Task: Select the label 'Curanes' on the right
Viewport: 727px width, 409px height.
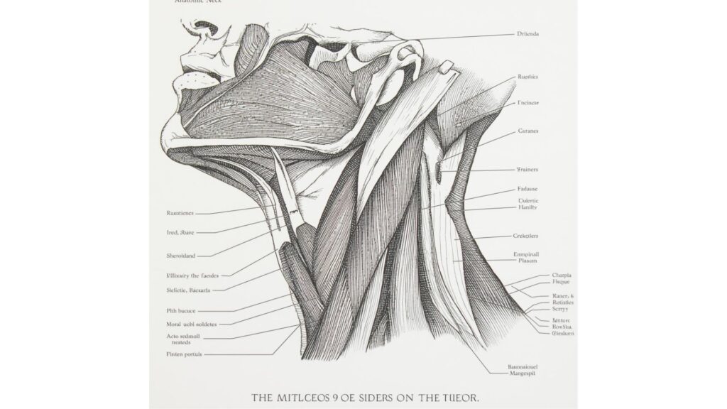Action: click(528, 132)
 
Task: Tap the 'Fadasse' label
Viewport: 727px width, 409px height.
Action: click(528, 190)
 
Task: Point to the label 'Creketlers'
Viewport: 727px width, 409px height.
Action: click(528, 236)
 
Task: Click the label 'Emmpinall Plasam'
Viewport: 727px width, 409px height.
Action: click(527, 257)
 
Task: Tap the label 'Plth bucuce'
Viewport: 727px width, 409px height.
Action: click(182, 310)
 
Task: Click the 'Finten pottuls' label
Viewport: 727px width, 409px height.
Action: click(183, 353)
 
